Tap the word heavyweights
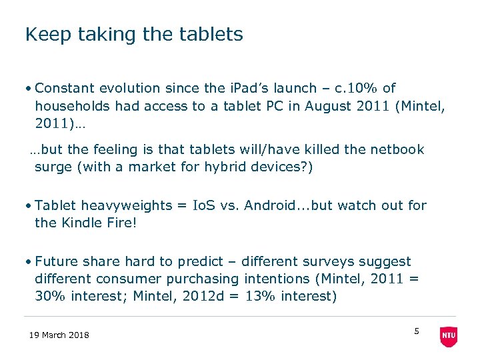tap(128, 205)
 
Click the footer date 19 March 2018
tap(59, 335)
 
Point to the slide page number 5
tap(417, 331)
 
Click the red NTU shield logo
tap(449, 337)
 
